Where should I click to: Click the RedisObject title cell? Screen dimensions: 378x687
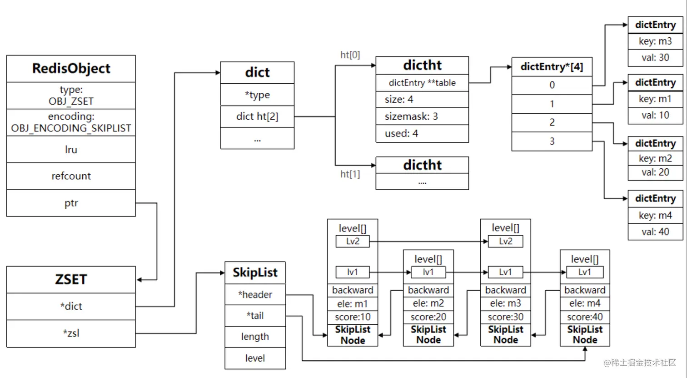[71, 69]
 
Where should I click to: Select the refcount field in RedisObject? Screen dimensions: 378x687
[71, 176]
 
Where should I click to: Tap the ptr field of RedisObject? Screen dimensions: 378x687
[71, 203]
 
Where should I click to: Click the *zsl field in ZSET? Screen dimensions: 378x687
[71, 333]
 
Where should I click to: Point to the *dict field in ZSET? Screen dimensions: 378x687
[71, 306]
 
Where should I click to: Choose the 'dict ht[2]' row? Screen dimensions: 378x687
[257, 116]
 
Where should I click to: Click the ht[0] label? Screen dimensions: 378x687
[350, 55]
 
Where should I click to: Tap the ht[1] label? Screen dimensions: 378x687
[350, 174]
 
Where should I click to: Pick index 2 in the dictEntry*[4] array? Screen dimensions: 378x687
[552, 122]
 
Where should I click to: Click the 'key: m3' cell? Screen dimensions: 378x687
[655, 41]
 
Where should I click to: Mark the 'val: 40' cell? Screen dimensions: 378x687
[655, 232]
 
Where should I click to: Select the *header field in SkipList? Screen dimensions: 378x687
[255, 294]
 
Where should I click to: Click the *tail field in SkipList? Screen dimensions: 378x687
[255, 316]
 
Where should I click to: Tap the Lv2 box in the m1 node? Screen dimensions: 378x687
[353, 242]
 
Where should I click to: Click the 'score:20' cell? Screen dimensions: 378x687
[428, 317]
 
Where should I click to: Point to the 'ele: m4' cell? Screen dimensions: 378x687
[585, 303]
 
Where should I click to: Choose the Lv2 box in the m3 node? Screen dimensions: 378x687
[505, 242]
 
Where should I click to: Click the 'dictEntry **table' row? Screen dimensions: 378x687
[422, 83]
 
